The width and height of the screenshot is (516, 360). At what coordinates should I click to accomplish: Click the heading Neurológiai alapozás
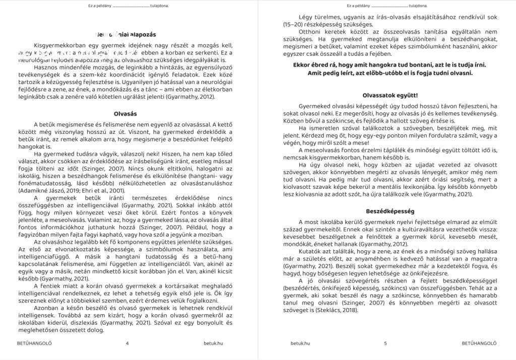[x=125, y=35]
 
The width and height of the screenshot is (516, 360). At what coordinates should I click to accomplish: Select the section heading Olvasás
[x=125, y=114]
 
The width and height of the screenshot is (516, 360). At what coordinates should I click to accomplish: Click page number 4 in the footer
[x=127, y=344]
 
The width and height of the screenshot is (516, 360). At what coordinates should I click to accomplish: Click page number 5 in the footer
[x=385, y=344]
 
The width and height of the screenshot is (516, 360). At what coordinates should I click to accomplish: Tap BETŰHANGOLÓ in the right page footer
[x=479, y=344]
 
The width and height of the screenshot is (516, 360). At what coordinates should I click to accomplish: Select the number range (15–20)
[x=294, y=24]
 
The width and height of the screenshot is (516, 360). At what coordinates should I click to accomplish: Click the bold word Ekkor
[x=303, y=65]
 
